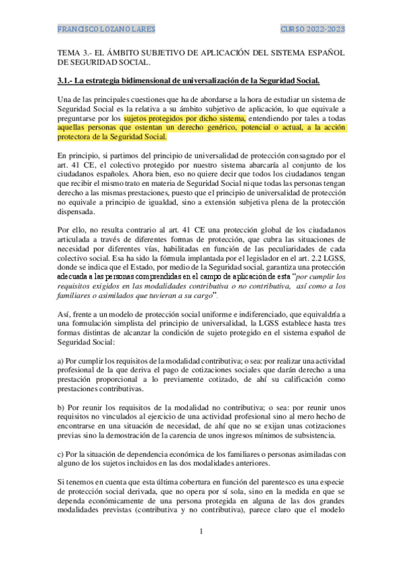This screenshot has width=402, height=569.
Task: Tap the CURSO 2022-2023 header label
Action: [313, 30]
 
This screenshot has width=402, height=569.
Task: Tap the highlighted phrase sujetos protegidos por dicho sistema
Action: [171, 118]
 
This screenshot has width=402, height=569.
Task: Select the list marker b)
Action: [61, 407]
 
